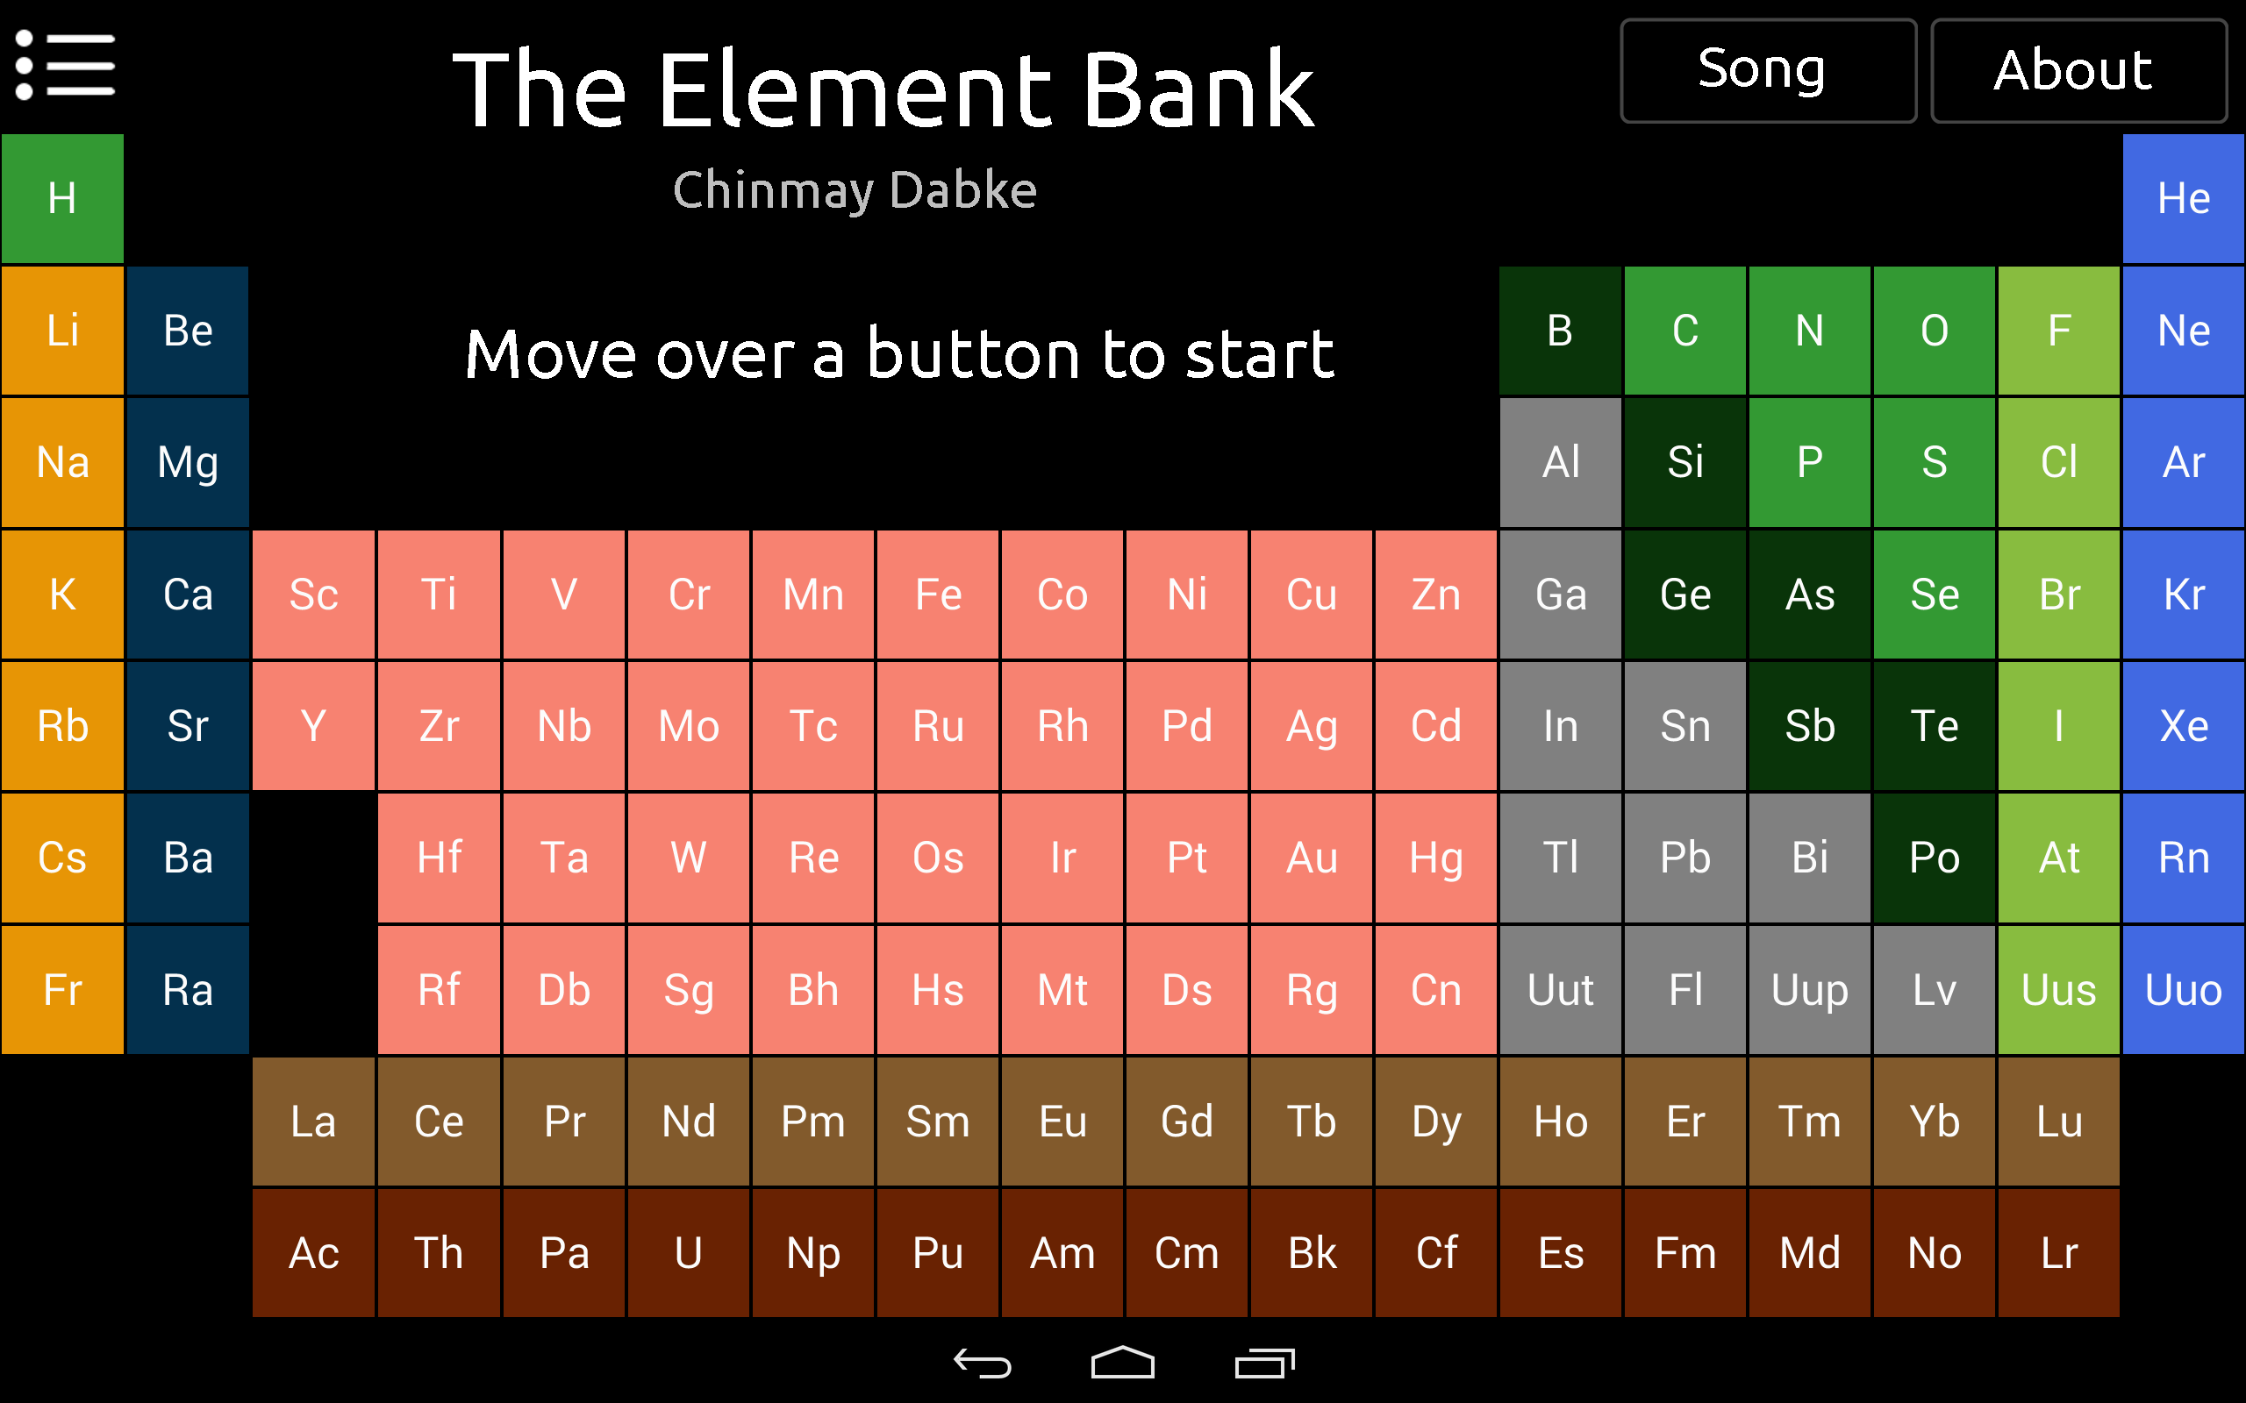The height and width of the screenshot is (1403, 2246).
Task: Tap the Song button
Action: [x=1767, y=70]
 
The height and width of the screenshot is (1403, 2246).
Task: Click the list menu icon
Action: [x=65, y=65]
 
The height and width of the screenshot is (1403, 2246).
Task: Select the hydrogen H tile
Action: [x=62, y=198]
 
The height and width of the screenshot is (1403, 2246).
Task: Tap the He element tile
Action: [x=2183, y=198]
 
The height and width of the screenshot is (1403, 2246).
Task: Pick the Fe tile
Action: [x=937, y=595]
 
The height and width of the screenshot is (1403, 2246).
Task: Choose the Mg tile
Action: [x=188, y=462]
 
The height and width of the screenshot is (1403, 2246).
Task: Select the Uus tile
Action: [x=2058, y=990]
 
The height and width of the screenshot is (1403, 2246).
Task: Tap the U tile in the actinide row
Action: [x=688, y=1254]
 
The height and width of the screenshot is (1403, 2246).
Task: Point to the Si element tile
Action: [x=1684, y=462]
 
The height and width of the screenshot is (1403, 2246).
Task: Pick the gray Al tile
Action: [x=1560, y=462]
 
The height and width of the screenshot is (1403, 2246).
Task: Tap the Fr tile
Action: [x=62, y=990]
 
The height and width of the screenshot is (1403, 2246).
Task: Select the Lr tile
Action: [x=2058, y=1254]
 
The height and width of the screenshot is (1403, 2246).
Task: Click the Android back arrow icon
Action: [x=982, y=1363]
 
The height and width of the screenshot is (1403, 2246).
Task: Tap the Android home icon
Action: [x=1122, y=1363]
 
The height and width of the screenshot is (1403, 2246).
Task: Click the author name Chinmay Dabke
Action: [x=854, y=191]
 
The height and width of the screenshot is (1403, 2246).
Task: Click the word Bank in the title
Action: [x=1198, y=91]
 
